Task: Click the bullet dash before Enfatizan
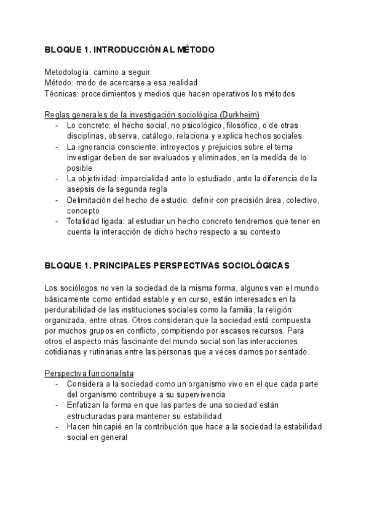(57, 406)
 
